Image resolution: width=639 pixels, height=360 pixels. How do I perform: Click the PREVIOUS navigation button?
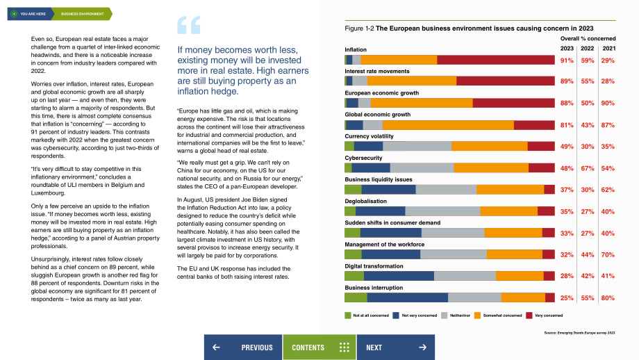[x=243, y=347]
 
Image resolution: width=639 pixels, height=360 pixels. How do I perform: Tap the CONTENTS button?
[x=319, y=347]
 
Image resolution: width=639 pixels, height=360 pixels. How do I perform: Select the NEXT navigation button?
[x=396, y=347]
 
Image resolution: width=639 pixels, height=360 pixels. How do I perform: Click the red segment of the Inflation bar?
[x=496, y=60]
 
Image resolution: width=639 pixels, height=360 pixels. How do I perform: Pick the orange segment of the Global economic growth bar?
[x=448, y=125]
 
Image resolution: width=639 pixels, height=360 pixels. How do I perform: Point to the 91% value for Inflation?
[x=567, y=60]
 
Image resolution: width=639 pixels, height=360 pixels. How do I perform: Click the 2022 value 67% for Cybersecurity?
[x=587, y=168]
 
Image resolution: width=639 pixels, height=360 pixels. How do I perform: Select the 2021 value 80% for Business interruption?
[x=608, y=298]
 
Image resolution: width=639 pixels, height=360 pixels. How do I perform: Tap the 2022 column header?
[x=587, y=48]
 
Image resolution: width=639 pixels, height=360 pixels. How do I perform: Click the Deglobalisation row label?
[x=365, y=201]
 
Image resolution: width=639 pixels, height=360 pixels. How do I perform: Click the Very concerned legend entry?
[x=544, y=316]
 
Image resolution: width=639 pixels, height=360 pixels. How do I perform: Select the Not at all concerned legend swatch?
[x=347, y=316]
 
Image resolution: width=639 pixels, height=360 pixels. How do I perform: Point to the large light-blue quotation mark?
[x=189, y=25]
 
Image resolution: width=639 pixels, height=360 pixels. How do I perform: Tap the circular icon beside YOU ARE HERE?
[x=15, y=14]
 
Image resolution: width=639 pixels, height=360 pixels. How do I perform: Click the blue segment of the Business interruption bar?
[x=408, y=297]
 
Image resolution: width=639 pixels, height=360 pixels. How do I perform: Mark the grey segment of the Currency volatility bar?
[x=417, y=147]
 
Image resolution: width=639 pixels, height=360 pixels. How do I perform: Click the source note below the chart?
[x=579, y=333]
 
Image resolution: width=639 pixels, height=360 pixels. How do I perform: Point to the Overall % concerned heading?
[x=588, y=38]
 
